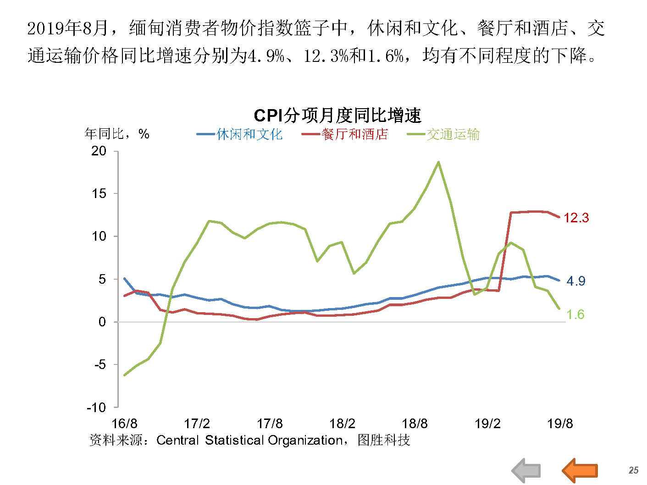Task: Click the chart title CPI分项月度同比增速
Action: tap(337, 116)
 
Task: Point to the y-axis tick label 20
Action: tap(99, 151)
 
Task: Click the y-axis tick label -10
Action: tap(96, 407)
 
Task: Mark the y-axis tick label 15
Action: tap(99, 193)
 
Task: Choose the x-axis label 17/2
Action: tap(197, 424)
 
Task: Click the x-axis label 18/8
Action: tap(415, 424)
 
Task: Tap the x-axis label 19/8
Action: tap(560, 424)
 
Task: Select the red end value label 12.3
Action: tap(576, 218)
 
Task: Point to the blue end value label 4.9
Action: tap(575, 281)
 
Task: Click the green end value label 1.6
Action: tap(575, 314)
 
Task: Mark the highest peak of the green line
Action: tap(439, 162)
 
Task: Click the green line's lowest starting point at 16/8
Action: tap(125, 375)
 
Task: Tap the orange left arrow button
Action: tap(580, 470)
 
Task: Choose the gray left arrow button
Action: tap(526, 470)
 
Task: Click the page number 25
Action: tap(633, 470)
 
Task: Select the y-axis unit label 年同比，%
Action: tap(117, 134)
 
